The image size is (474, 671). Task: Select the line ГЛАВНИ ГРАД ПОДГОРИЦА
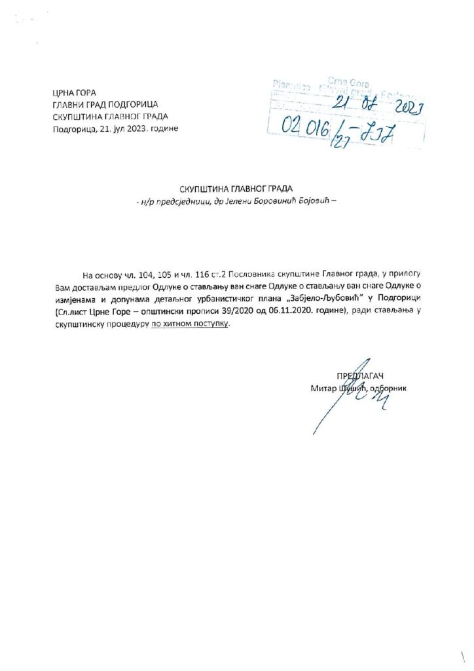pyautogui.click(x=105, y=104)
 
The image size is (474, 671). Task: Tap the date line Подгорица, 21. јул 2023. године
pyautogui.click(x=115, y=128)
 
